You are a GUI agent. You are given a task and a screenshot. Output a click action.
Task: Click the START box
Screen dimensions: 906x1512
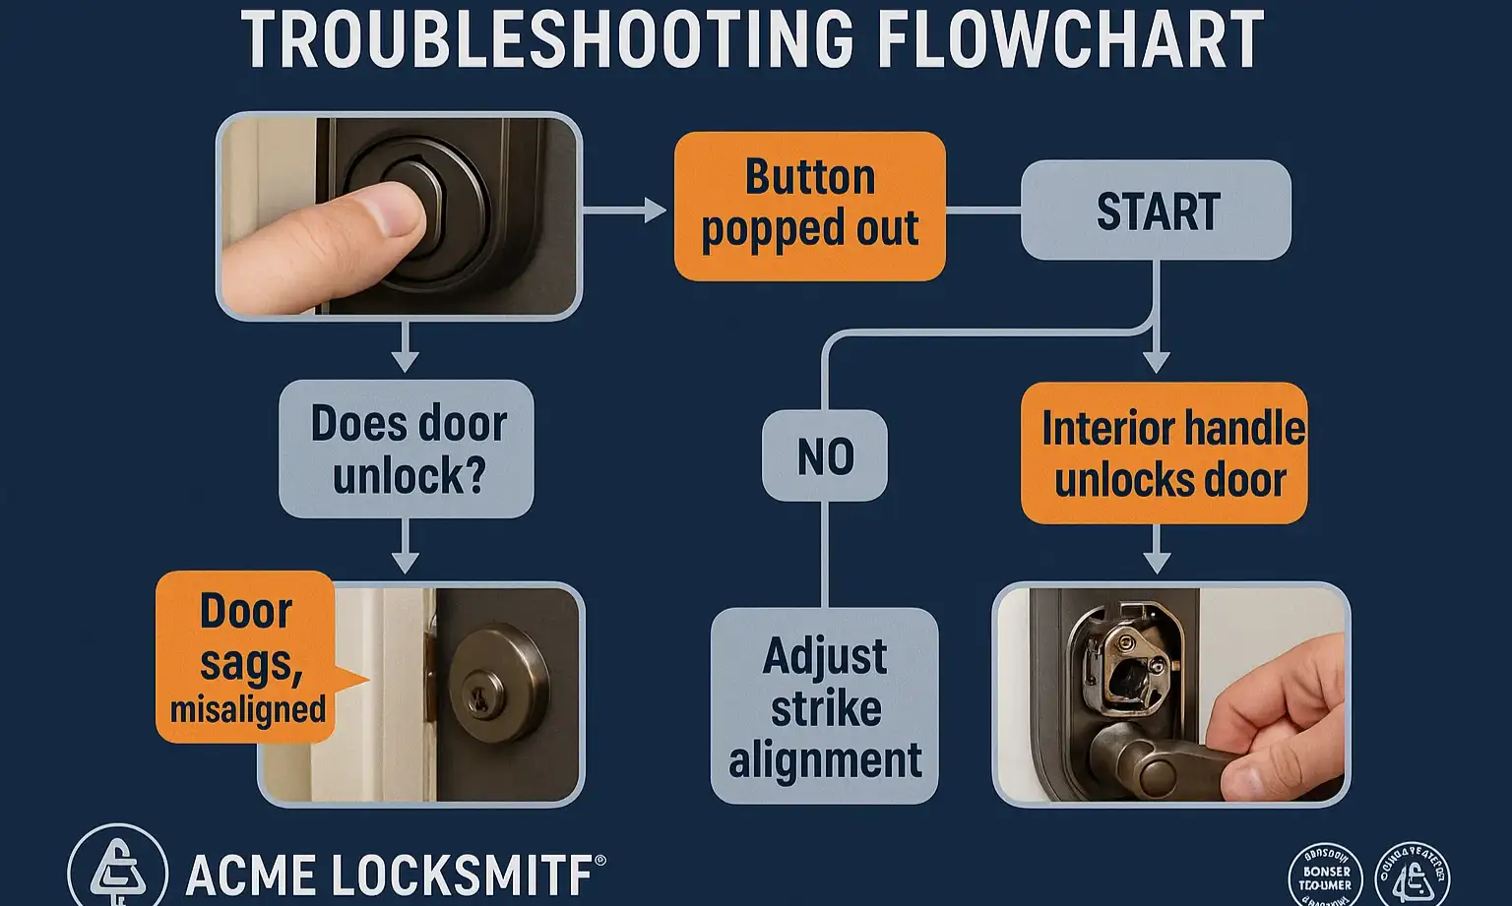pos(1156,211)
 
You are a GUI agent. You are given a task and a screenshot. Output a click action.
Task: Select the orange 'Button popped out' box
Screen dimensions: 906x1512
pos(809,206)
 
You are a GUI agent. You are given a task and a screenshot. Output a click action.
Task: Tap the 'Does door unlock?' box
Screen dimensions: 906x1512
pos(407,449)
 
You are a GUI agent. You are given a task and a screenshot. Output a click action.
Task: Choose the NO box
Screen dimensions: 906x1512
pos(825,455)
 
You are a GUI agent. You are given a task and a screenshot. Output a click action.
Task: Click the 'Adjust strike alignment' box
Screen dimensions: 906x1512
pos(825,706)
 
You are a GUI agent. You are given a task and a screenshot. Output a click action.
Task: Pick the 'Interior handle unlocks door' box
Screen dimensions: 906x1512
pos(1165,453)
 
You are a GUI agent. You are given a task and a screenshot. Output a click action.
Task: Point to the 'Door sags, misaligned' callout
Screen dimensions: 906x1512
pos(246,656)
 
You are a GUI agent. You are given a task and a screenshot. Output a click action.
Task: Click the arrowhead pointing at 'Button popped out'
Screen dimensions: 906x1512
pos(655,210)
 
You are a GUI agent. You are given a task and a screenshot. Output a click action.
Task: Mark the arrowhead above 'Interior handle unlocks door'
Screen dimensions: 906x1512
pos(1157,362)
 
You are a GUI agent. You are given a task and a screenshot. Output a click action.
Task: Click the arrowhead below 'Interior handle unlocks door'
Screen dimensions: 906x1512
pos(1157,563)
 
